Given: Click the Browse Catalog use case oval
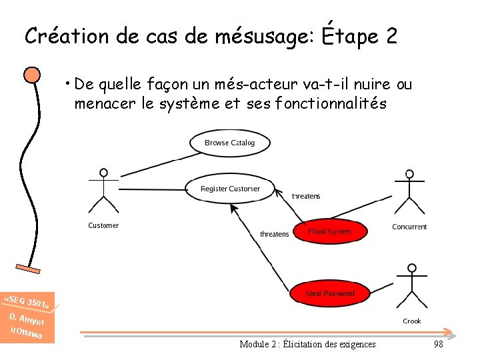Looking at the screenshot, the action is [229, 143].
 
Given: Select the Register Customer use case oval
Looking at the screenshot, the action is [230, 189].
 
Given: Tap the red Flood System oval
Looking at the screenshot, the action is [329, 231].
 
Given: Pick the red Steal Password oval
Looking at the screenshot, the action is [329, 293].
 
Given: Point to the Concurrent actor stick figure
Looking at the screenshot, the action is [409, 193].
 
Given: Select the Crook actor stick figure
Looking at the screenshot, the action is [412, 287].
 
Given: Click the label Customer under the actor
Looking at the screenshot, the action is [103, 225].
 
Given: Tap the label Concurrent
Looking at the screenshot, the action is [409, 227].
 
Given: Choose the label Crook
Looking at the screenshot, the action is [412, 321].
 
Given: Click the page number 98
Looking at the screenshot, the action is [438, 344].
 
